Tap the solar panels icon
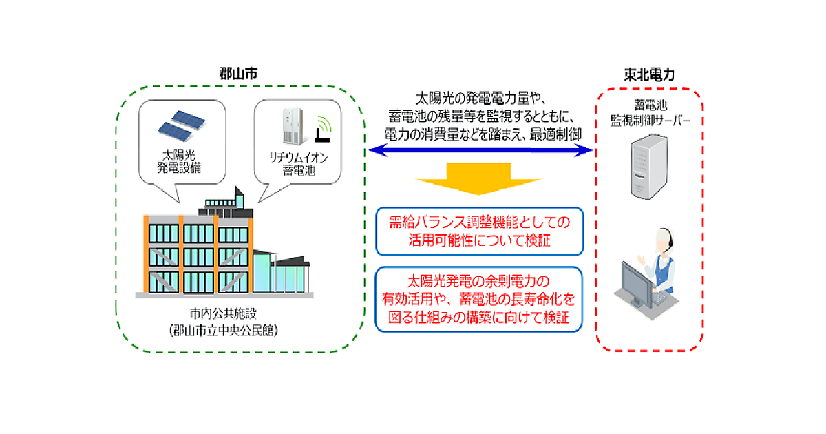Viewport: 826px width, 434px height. tap(181, 123)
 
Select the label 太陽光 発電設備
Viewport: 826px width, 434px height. tap(181, 161)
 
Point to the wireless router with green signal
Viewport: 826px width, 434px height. tap(321, 132)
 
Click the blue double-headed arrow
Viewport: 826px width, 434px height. tap(481, 149)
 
